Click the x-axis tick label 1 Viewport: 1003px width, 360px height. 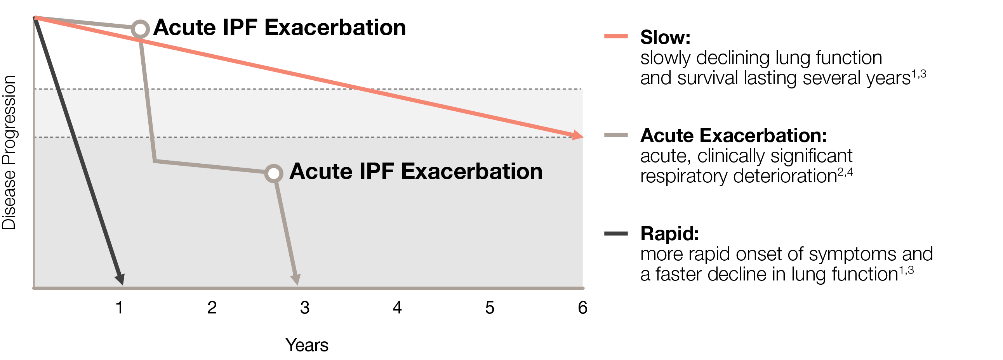120,308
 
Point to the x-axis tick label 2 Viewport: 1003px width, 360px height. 212,308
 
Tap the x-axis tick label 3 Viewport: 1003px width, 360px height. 304,308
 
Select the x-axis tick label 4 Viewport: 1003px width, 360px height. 397,308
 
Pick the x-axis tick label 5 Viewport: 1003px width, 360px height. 490,308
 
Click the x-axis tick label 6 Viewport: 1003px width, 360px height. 582,308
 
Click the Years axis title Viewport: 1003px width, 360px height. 307,345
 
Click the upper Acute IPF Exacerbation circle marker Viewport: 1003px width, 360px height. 140,29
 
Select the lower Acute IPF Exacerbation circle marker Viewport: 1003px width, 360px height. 274,173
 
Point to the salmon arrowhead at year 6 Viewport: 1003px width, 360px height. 578,135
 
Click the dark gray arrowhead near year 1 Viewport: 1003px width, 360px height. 120,279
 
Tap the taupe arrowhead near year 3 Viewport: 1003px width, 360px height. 296,279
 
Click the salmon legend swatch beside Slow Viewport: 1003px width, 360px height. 615,36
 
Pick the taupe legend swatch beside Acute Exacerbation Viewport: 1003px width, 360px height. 615,135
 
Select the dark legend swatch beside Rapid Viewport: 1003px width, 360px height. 615,234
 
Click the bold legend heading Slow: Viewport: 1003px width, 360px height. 665,37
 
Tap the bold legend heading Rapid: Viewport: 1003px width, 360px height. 669,234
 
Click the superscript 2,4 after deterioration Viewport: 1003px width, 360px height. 845,171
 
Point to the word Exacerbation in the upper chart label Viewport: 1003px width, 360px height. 335,28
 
